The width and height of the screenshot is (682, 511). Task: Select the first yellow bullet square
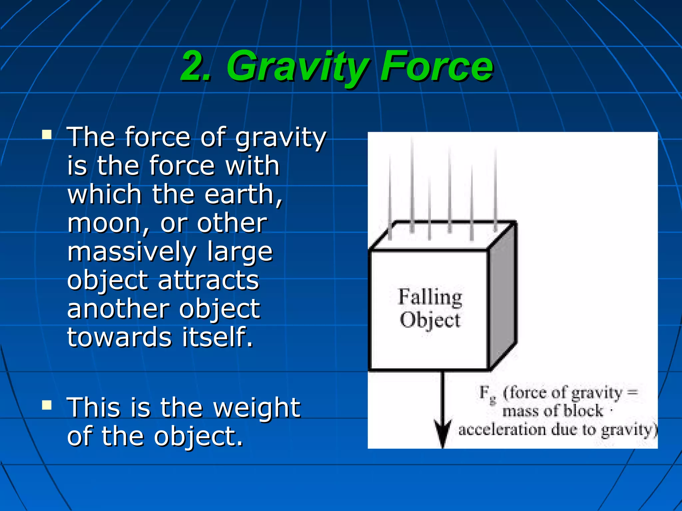[x=47, y=134]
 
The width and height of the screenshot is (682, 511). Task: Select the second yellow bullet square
[x=47, y=405]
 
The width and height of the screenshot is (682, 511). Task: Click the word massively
[x=132, y=252]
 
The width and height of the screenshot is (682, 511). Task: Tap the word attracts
[x=208, y=280]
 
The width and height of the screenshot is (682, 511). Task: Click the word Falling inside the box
[x=430, y=297]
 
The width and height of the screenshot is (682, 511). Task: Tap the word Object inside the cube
[x=430, y=320]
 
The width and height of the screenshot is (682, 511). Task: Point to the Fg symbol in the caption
[x=487, y=394]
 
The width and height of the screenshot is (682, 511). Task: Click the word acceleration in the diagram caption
[x=502, y=430]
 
